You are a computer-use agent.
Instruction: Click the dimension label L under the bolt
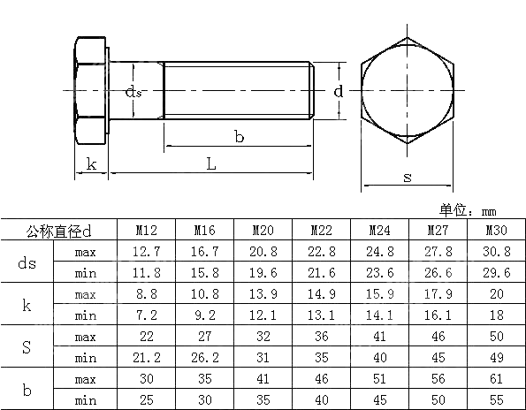click(x=210, y=163)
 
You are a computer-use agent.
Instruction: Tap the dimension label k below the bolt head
click(x=91, y=163)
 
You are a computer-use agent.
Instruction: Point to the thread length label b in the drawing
click(x=239, y=136)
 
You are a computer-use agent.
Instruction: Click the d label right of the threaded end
click(x=338, y=91)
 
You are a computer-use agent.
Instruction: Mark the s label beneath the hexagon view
click(x=407, y=177)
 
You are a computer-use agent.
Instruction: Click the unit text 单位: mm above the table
click(x=468, y=210)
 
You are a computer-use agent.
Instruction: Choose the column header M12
click(x=146, y=231)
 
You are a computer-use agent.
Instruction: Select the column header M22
click(x=320, y=231)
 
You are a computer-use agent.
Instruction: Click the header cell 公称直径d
click(x=60, y=231)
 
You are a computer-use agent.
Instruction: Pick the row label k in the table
click(x=27, y=305)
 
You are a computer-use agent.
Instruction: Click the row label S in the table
click(x=27, y=347)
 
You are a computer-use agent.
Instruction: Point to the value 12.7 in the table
click(x=146, y=252)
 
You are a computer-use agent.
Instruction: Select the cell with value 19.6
click(x=263, y=273)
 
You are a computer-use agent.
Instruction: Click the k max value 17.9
click(x=437, y=294)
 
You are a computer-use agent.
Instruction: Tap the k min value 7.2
click(x=146, y=315)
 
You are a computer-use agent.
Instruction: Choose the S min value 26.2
click(x=205, y=358)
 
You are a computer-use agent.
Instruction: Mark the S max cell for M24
click(x=379, y=337)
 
